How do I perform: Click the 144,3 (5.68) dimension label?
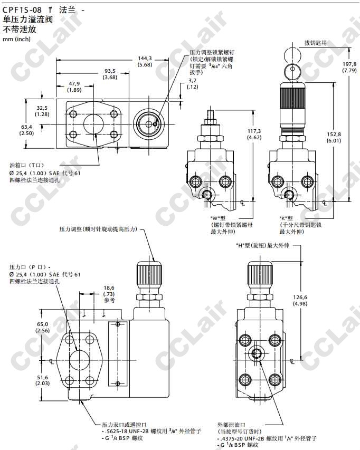pyautogui.click(x=145, y=62)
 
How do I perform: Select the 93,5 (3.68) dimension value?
pyautogui.click(x=110, y=74)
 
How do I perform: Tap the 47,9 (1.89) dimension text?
pyautogui.click(x=74, y=87)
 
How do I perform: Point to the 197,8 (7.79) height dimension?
pyautogui.click(x=349, y=67)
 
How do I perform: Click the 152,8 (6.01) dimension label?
pyautogui.click(x=334, y=138)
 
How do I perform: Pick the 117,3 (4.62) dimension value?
pyautogui.click(x=254, y=135)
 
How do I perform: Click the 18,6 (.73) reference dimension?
pyautogui.click(x=109, y=294)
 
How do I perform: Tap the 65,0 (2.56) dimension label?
pyautogui.click(x=43, y=328)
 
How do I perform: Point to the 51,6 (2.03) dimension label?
pyautogui.click(x=43, y=380)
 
